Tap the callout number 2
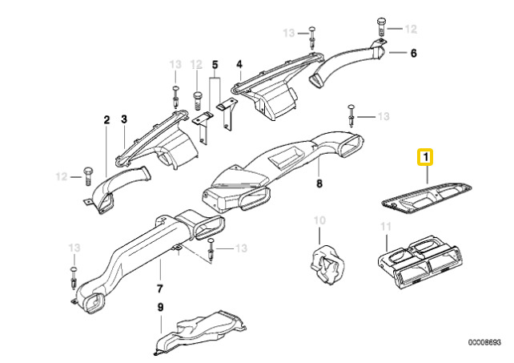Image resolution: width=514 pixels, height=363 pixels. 106,120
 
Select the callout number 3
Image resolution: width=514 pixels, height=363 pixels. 124,120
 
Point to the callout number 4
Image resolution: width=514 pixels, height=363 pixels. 239,64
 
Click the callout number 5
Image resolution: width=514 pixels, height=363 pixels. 215,64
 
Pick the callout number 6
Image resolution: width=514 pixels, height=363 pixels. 413,54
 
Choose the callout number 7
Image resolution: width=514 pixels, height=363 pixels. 159,288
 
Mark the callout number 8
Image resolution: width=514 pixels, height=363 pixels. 318,184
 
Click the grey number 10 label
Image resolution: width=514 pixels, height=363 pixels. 319,220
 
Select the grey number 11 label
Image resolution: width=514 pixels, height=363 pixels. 384,226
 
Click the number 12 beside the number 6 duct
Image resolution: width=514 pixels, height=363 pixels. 410,29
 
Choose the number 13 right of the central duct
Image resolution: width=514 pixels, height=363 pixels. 383,117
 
